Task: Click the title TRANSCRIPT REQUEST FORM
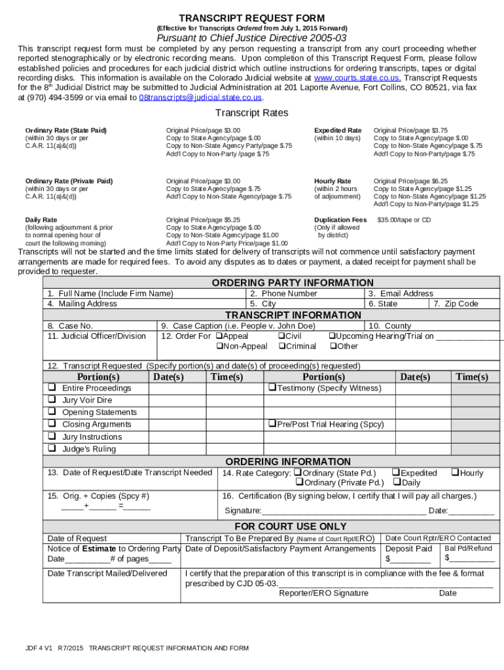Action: (252, 18)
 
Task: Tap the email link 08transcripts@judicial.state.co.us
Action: (200, 97)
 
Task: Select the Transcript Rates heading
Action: (252, 113)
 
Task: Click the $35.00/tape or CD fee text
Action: (404, 220)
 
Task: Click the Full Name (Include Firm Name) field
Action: (110, 294)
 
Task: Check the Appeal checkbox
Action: (219, 336)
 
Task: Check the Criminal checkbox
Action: (282, 346)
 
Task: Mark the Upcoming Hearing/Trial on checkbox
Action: (332, 336)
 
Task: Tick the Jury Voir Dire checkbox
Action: (50, 400)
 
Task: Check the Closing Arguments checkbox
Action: (50, 424)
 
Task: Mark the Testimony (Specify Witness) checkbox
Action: (272, 388)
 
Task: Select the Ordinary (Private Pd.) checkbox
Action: (298, 483)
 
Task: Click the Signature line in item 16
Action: (344, 511)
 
